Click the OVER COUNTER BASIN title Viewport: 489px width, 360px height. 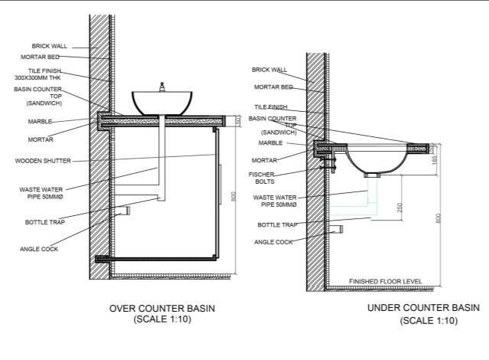pyautogui.click(x=161, y=309)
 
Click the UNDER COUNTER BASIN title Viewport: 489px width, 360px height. pyautogui.click(x=423, y=308)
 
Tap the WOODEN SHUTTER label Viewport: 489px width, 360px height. pyautogui.click(x=43, y=161)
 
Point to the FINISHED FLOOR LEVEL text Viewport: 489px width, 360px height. pyautogui.click(x=385, y=282)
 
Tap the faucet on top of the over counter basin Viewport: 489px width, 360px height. pyautogui.click(x=162, y=87)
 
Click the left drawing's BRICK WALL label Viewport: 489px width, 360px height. pyautogui.click(x=50, y=46)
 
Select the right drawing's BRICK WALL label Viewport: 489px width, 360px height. pyautogui.click(x=269, y=70)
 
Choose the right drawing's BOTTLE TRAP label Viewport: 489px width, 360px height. pyautogui.click(x=277, y=225)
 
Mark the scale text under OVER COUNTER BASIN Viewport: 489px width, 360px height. pyautogui.click(x=161, y=319)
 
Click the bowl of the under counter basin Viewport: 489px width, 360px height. pyautogui.click(x=375, y=161)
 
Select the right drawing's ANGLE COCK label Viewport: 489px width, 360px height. pyautogui.click(x=273, y=242)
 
